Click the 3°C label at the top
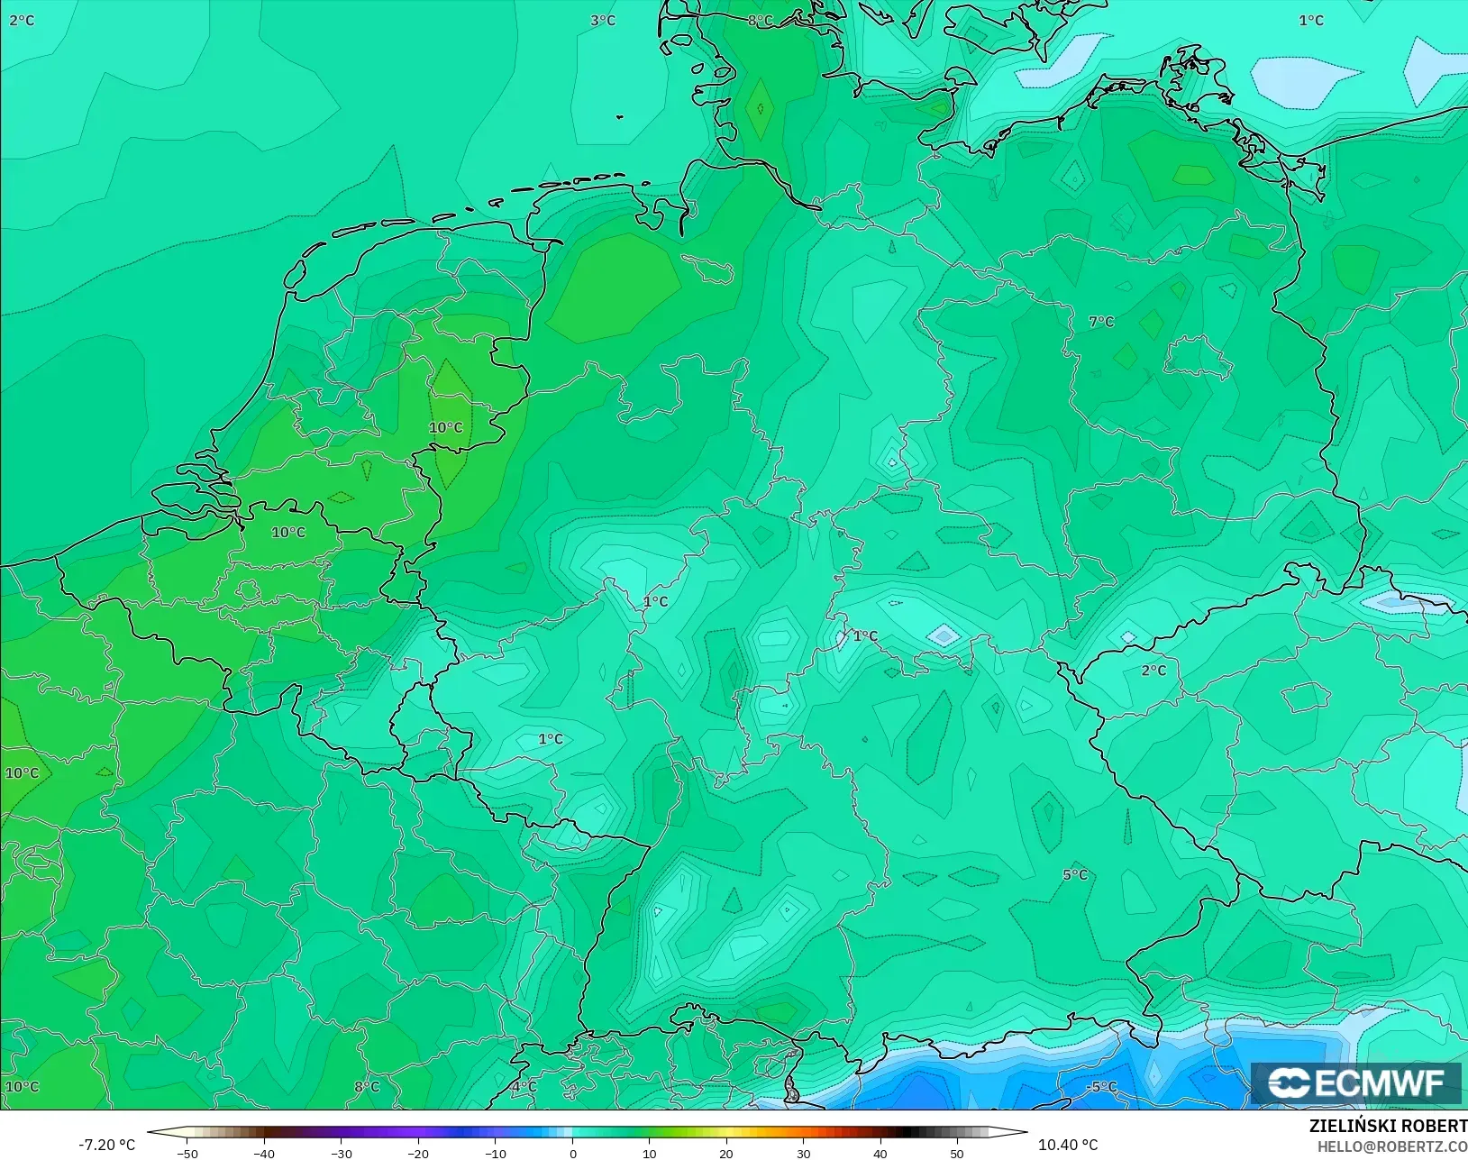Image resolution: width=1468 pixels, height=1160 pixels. point(603,21)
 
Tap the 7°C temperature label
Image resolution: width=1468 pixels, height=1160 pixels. point(1101,322)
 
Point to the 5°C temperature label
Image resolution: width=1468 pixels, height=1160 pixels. point(1075,874)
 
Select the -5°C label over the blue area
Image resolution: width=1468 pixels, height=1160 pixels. point(1101,1086)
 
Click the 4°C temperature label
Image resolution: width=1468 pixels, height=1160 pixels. point(524,1087)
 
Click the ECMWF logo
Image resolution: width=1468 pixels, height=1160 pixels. point(1355,1082)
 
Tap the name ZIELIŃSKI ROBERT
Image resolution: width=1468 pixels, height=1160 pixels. point(1388,1126)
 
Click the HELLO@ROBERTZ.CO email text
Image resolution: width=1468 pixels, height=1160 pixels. point(1392,1146)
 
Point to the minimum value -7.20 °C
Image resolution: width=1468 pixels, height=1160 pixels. point(106,1145)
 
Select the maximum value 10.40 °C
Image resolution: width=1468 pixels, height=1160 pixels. point(1068,1145)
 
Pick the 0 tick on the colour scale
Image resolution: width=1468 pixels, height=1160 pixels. point(572,1153)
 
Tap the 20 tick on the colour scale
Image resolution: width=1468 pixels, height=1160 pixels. point(726,1153)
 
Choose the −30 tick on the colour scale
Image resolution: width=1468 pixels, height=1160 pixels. point(341,1153)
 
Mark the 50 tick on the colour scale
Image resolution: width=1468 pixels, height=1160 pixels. point(957,1153)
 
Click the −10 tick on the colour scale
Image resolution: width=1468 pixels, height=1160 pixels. point(495,1153)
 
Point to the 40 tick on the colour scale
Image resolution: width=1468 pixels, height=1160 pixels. point(880,1153)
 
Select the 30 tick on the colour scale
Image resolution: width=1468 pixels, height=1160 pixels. point(803,1153)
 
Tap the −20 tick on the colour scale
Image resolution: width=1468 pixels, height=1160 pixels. point(417,1153)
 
